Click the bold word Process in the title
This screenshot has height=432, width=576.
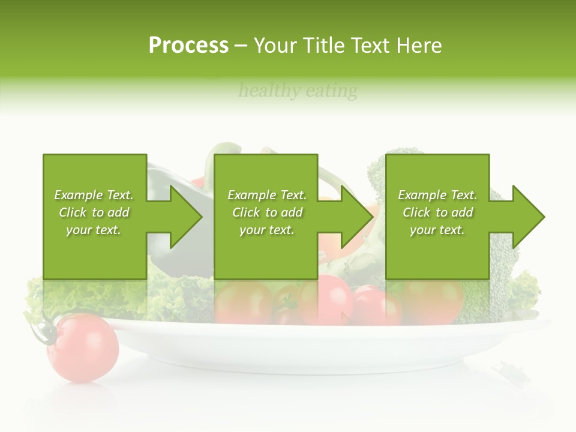coord(188,46)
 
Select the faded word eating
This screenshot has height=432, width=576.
coord(332,91)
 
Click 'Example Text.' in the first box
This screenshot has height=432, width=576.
coord(94,195)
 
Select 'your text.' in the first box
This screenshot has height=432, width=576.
coord(94,230)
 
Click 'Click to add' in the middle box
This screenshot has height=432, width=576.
coord(267,212)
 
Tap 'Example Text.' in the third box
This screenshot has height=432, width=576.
coord(437,195)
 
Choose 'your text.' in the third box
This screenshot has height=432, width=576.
coord(437,230)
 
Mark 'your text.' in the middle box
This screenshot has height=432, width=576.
coord(267,230)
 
